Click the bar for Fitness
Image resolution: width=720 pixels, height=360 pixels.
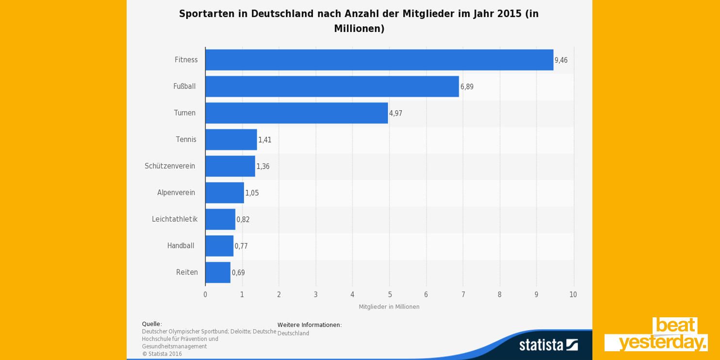click(379, 60)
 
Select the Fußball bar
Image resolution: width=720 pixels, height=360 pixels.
click(332, 86)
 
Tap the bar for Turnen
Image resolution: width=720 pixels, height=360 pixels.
click(296, 113)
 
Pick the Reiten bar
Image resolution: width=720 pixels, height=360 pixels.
click(218, 273)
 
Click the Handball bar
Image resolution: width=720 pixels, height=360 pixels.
click(219, 246)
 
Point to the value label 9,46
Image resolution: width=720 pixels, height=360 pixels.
click(561, 60)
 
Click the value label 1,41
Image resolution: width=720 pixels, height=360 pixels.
click(264, 140)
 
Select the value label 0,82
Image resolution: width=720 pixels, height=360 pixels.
click(243, 219)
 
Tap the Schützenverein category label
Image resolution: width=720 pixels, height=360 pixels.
click(170, 166)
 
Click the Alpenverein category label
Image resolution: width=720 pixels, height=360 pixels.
click(176, 193)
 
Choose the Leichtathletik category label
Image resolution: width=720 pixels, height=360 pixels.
click(175, 219)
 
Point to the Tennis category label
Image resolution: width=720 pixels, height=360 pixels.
click(186, 140)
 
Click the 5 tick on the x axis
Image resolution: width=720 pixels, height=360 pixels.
click(390, 295)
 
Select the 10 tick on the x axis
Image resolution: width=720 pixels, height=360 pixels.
click(573, 295)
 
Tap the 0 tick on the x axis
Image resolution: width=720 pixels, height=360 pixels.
click(205, 295)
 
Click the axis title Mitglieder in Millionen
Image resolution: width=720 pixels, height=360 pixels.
click(389, 307)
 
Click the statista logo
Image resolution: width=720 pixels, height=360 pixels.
click(548, 344)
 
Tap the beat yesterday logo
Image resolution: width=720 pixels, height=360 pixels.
click(656, 334)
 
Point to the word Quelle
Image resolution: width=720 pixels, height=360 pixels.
click(151, 324)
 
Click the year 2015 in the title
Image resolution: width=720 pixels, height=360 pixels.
click(509, 14)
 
